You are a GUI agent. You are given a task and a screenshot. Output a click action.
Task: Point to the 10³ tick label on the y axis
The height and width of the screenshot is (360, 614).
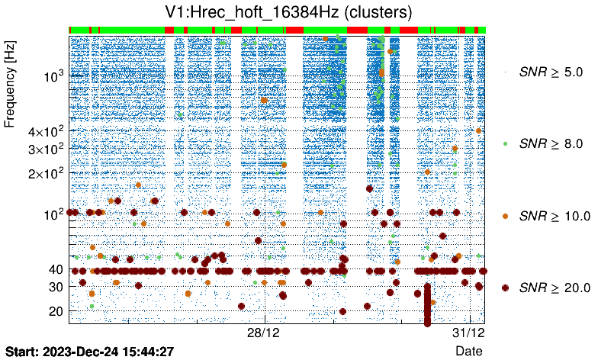[53, 76]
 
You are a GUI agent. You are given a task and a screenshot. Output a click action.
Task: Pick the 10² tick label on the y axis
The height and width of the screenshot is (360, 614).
[53, 214]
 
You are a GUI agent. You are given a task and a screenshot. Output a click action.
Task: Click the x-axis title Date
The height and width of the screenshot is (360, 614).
[468, 351]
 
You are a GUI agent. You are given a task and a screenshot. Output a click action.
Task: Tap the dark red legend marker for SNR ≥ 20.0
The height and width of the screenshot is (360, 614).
[505, 288]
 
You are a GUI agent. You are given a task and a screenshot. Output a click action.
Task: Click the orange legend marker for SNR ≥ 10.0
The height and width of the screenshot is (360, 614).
[505, 216]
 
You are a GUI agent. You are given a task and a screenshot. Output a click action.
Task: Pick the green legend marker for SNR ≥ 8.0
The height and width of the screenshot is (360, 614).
[505, 143]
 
